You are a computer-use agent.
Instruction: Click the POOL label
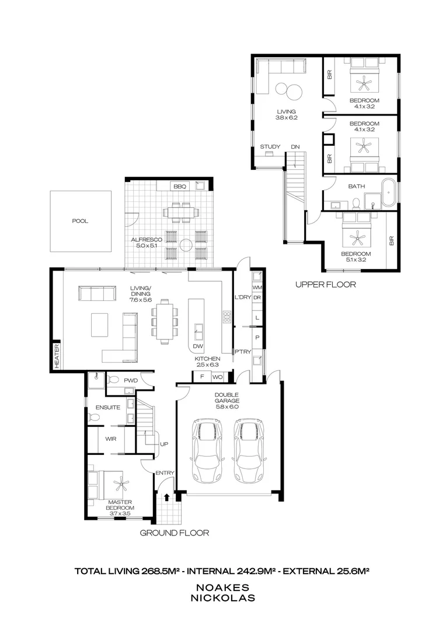pyautogui.click(x=80, y=221)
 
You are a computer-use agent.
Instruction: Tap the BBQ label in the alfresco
pyautogui.click(x=179, y=187)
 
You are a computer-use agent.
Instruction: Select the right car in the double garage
pyautogui.click(x=249, y=450)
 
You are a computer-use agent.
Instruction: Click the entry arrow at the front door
pyautogui.click(x=167, y=498)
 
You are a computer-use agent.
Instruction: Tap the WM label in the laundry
pyautogui.click(x=257, y=288)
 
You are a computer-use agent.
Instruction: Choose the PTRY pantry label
pyautogui.click(x=243, y=351)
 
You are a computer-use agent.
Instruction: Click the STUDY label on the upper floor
pyautogui.click(x=270, y=146)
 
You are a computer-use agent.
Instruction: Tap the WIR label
pyautogui.click(x=111, y=438)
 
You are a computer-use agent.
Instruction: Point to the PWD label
pyautogui.click(x=130, y=380)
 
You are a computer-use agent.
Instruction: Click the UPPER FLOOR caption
pyautogui.click(x=325, y=285)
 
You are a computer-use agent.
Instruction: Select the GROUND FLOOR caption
pyautogui.click(x=175, y=533)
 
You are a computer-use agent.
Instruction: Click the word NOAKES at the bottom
pyautogui.click(x=222, y=587)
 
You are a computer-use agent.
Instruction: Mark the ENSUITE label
pyautogui.click(x=108, y=407)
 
